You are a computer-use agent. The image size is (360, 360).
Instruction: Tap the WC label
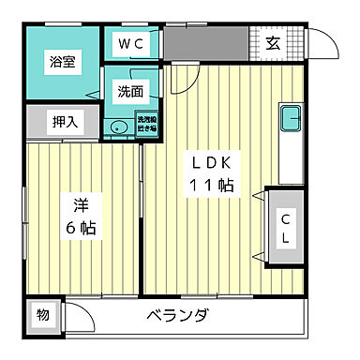tap(129, 42)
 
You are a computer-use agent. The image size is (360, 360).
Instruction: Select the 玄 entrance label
tap(271, 42)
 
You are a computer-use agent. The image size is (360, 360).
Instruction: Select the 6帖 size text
tap(80, 227)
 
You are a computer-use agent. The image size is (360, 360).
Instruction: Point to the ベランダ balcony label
tap(178, 314)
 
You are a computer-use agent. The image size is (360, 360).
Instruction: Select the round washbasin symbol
tap(118, 129)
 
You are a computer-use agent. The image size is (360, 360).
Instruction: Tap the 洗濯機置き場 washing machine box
tap(146, 125)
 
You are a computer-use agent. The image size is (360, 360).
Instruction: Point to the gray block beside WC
tap(206, 42)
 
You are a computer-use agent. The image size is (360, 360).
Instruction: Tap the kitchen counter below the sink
tap(291, 159)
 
